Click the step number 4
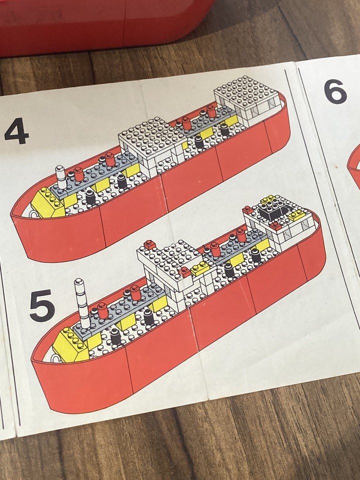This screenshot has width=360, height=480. (16, 131)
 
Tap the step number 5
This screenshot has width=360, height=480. (42, 305)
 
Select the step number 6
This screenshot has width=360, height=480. (335, 91)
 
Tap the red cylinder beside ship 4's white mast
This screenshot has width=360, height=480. (78, 174)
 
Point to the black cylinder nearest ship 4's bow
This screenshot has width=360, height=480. (90, 196)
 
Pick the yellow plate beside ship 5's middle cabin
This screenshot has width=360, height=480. (199, 268)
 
